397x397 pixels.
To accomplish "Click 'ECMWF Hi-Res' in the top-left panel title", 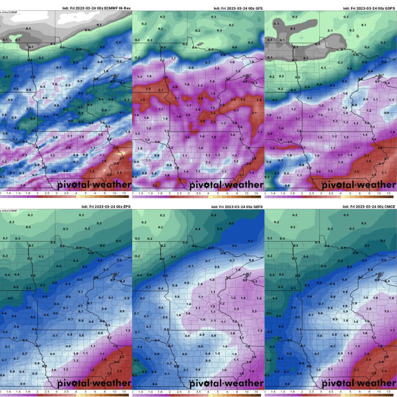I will coord(116,9).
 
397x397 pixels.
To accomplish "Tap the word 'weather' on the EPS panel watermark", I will coord(111,383).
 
